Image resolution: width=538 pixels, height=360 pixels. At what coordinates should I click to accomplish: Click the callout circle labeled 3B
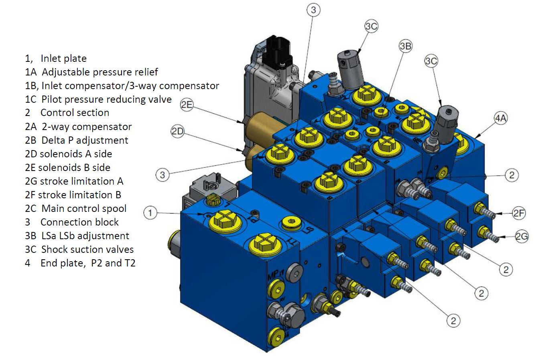click(406, 47)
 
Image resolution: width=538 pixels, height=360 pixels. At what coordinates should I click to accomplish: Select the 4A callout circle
click(501, 118)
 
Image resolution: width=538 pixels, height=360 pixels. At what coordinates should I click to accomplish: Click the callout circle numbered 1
click(150, 213)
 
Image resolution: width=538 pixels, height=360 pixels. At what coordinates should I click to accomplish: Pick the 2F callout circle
click(519, 214)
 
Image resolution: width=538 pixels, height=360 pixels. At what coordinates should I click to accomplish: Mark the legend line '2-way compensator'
click(78, 127)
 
